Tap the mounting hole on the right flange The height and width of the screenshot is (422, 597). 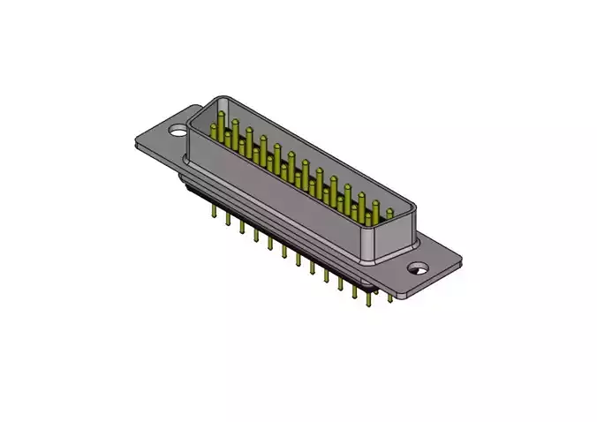pyautogui.click(x=416, y=268)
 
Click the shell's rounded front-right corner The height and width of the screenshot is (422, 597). pyautogui.click(x=380, y=256)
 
